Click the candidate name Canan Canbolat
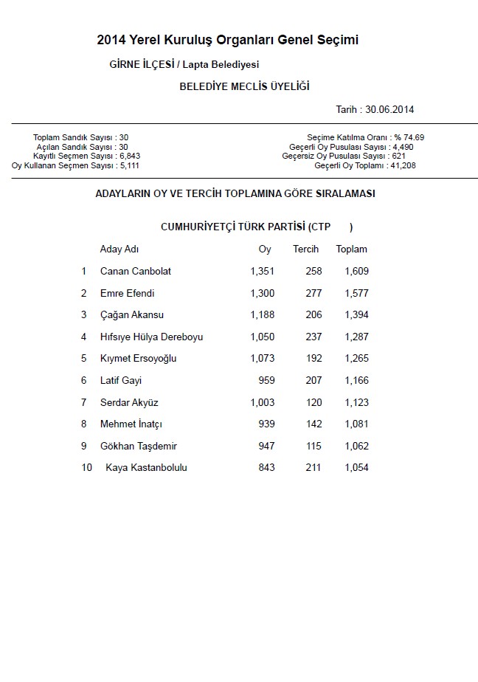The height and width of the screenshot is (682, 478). click(136, 271)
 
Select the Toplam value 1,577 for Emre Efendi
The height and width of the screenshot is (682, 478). click(356, 293)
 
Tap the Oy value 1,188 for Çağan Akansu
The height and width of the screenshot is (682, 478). click(262, 314)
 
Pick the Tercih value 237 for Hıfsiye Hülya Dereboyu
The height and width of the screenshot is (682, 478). click(314, 337)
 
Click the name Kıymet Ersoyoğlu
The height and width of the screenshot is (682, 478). click(139, 359)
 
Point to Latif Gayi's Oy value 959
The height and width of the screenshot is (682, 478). click(266, 381)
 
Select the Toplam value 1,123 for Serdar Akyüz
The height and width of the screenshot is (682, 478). click(356, 402)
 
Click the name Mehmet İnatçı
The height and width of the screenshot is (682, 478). click(131, 424)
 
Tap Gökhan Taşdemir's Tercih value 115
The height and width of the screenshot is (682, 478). click(314, 446)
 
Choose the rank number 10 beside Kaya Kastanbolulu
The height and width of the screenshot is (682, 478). click(87, 467)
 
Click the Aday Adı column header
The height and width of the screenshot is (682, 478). click(119, 249)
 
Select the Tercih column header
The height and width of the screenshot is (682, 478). click(305, 249)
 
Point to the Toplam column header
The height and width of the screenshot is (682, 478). click(351, 249)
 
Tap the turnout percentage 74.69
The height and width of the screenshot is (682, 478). click(414, 137)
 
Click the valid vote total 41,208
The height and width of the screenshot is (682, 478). click(403, 166)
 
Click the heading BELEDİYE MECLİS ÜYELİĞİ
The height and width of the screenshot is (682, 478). click(244, 86)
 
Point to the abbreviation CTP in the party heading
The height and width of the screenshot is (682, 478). click(322, 227)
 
